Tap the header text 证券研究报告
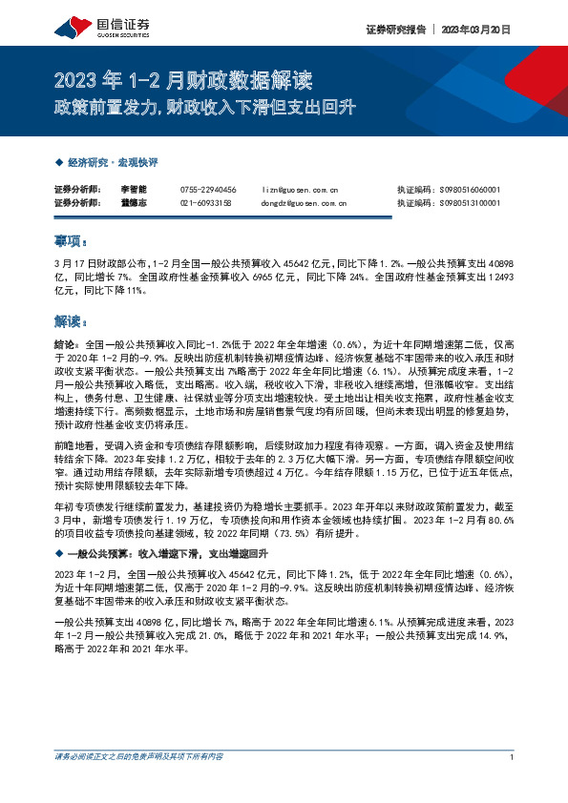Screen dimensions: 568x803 tap(395, 30)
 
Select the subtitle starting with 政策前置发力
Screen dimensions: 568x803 tap(204, 107)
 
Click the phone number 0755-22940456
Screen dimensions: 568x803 tap(208, 191)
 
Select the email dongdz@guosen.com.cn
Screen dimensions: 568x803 tap(304, 203)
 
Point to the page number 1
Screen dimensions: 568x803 tap(513, 756)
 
